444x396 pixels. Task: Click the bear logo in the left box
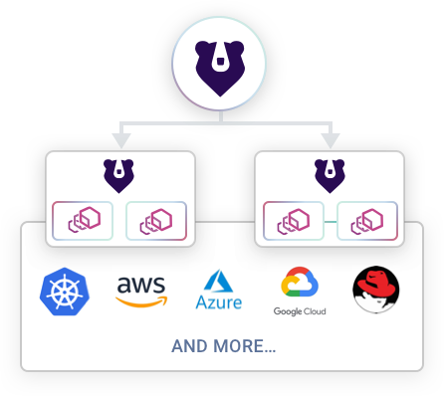pyautogui.click(x=120, y=175)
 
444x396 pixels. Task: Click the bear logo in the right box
pyautogui.click(x=330, y=175)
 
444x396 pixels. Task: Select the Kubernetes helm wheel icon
pyautogui.click(x=65, y=290)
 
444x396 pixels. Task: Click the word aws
pyautogui.click(x=141, y=285)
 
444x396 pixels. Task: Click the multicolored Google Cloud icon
pyautogui.click(x=300, y=284)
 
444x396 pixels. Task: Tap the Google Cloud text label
pyautogui.click(x=300, y=311)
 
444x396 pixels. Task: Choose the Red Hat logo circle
pyautogui.click(x=375, y=290)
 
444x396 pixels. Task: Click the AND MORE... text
pyautogui.click(x=223, y=347)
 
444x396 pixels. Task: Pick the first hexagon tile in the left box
pyautogui.click(x=83, y=221)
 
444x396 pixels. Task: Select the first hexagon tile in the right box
pyautogui.click(x=293, y=221)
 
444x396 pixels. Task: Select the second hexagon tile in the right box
pyautogui.click(x=367, y=221)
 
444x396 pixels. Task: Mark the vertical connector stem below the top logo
pyautogui.click(x=221, y=112)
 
